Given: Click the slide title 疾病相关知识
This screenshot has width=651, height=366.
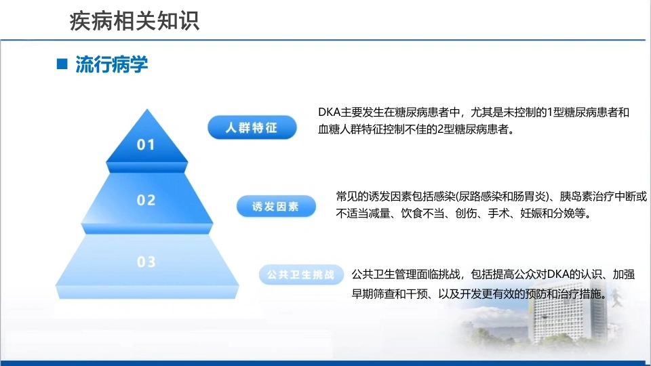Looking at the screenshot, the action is [134, 21].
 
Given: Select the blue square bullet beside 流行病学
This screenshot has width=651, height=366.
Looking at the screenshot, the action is [62, 64].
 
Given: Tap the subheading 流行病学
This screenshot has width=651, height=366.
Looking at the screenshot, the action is [111, 64].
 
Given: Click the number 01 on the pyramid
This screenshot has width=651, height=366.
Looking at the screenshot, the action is [146, 144].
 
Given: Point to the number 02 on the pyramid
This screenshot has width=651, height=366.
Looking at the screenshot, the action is [146, 200].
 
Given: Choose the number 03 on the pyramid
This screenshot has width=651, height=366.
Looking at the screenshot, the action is [146, 262].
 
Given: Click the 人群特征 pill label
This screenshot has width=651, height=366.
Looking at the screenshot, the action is [252, 127].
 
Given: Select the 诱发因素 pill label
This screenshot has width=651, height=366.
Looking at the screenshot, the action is [276, 206].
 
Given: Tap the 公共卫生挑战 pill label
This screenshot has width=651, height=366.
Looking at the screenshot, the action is [301, 274].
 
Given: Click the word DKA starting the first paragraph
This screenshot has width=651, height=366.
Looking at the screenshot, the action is [330, 113].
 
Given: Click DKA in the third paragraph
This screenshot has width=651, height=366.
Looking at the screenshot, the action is [558, 274].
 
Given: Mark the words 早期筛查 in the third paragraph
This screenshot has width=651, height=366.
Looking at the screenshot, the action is [373, 294].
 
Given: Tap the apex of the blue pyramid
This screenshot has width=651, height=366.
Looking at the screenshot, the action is [146, 109].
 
